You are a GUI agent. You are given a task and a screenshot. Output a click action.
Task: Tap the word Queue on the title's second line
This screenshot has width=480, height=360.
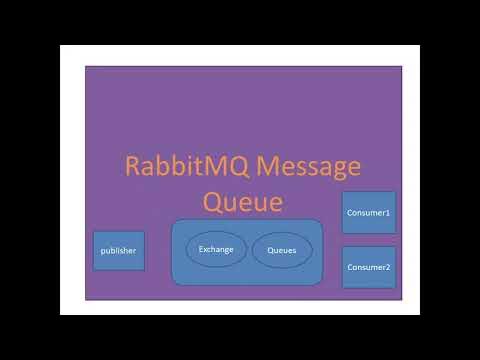243,201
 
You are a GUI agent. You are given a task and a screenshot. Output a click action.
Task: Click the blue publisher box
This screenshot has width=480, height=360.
119,250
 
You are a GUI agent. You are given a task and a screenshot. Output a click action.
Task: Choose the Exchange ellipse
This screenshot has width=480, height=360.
216,250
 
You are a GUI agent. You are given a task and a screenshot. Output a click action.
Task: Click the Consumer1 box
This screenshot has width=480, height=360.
368,213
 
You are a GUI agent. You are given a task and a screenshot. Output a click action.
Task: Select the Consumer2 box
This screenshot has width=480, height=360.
368,267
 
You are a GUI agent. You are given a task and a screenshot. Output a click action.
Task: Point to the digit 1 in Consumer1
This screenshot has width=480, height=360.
388,213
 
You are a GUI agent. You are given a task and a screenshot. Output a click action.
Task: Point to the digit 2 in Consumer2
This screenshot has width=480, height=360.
388,268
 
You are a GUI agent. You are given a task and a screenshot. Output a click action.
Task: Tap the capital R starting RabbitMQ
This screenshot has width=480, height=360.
132,166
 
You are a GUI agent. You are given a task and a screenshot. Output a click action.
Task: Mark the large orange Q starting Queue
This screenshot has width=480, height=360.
214,201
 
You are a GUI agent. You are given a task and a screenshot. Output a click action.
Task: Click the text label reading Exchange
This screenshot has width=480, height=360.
216,250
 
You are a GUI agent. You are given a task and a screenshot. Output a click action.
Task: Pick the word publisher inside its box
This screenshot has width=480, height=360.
119,250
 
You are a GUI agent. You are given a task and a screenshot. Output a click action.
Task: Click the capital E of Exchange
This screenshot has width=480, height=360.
201,250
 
